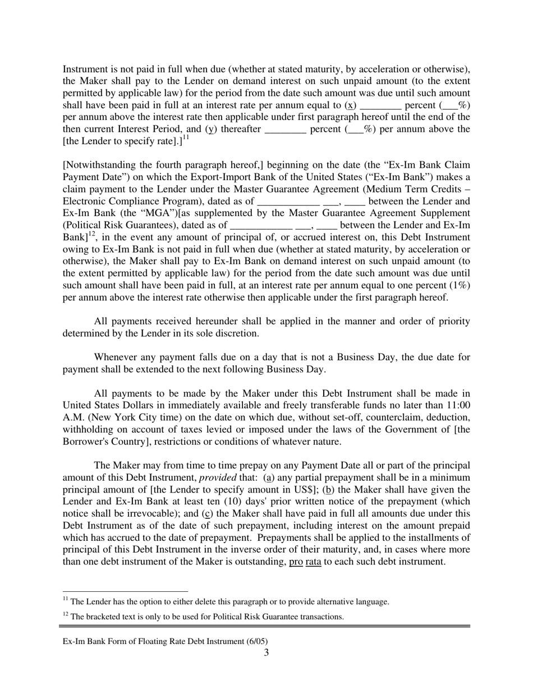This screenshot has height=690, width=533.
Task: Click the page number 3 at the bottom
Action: [266, 652]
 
